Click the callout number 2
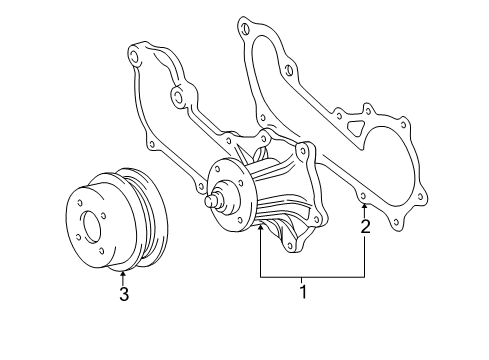pos(366,227)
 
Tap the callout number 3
pos(123,294)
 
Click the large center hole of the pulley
pos(88,228)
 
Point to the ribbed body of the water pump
pos(285,200)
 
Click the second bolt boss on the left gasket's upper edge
pos(177,98)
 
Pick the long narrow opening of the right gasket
pos(290,85)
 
